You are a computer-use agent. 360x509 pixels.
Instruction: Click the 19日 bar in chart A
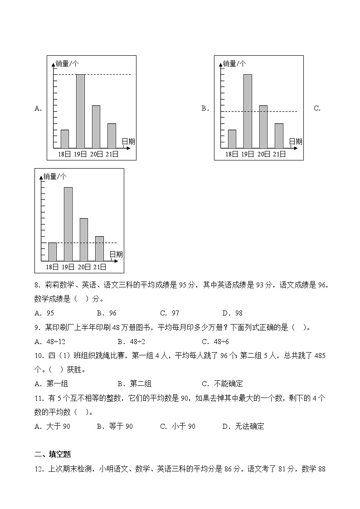point(80,111)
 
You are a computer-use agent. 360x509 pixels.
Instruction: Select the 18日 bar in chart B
point(232,139)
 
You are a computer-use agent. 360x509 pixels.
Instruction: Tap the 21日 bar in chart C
point(99,248)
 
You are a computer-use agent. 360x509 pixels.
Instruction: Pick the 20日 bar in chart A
point(96,126)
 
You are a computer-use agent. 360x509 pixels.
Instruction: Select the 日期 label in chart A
point(128,141)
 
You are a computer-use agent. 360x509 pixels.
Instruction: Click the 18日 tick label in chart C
point(52,267)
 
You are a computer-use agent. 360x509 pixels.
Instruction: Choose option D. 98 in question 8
point(232,313)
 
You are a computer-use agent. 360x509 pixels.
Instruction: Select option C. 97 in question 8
point(170,313)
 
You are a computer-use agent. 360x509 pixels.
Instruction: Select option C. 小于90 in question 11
point(178,427)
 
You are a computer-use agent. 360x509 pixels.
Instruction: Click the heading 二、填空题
point(53,455)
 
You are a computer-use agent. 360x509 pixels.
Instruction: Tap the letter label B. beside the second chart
point(205,108)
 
